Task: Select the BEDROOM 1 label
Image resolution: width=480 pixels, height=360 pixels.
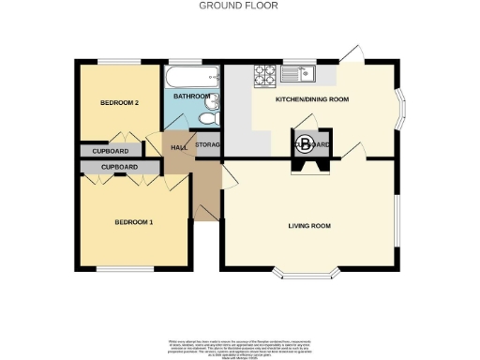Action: (x=133, y=222)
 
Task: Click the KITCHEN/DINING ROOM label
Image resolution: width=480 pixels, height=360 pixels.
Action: (x=311, y=98)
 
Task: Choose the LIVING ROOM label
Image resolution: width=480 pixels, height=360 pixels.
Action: (x=308, y=226)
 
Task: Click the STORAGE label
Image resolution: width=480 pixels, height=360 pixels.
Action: (x=207, y=146)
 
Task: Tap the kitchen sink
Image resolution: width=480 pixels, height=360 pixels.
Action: (x=307, y=72)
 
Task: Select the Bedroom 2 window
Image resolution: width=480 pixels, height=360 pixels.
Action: (x=118, y=62)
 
